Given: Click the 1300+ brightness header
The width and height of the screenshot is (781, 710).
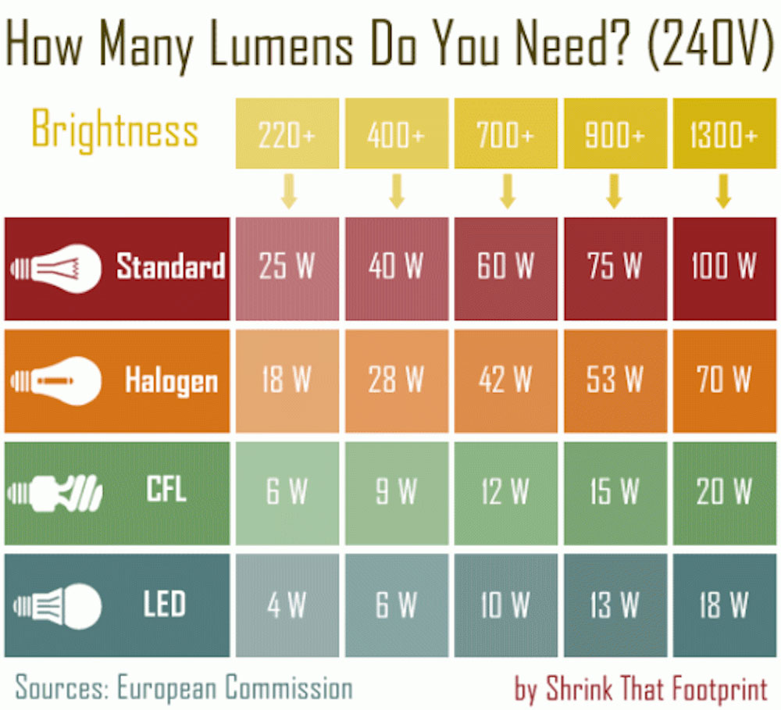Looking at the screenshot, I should coord(723,134).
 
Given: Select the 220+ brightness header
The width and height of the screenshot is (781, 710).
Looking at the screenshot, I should coord(287,134).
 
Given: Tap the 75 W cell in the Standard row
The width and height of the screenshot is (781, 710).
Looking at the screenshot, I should coord(615,268).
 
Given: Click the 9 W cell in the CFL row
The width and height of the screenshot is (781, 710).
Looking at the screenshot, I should coord(396,493).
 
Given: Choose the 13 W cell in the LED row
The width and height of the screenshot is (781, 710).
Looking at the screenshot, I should coord(615,605).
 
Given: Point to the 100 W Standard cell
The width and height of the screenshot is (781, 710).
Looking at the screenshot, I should coord(723,268).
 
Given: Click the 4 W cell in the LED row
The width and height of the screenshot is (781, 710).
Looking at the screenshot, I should coord(287,605).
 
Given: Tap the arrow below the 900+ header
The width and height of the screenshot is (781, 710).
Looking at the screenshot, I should coord(615,191).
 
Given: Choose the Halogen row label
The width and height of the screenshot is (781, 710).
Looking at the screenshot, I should coord(171,381).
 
